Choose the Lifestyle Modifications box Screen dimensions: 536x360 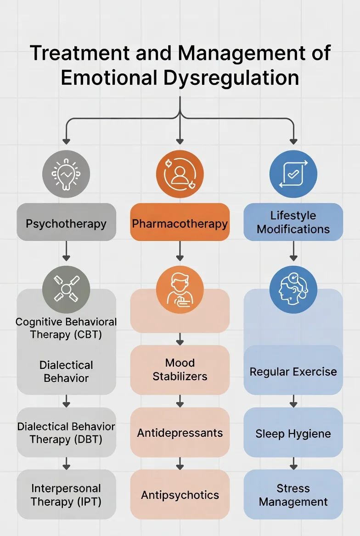293,223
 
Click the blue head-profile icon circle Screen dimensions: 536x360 293,290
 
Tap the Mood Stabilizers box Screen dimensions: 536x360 180,370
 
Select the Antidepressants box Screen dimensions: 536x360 180,432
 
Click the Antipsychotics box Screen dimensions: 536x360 180,495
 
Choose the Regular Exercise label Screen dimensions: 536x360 293,372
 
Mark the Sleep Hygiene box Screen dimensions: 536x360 293,433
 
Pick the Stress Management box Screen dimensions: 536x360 293,495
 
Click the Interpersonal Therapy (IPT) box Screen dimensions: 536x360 66,495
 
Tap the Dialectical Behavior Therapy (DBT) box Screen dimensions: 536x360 66,432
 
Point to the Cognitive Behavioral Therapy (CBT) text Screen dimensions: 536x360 66,328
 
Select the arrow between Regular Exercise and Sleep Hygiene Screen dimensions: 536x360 293,402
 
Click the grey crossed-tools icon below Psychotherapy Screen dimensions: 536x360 66,290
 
